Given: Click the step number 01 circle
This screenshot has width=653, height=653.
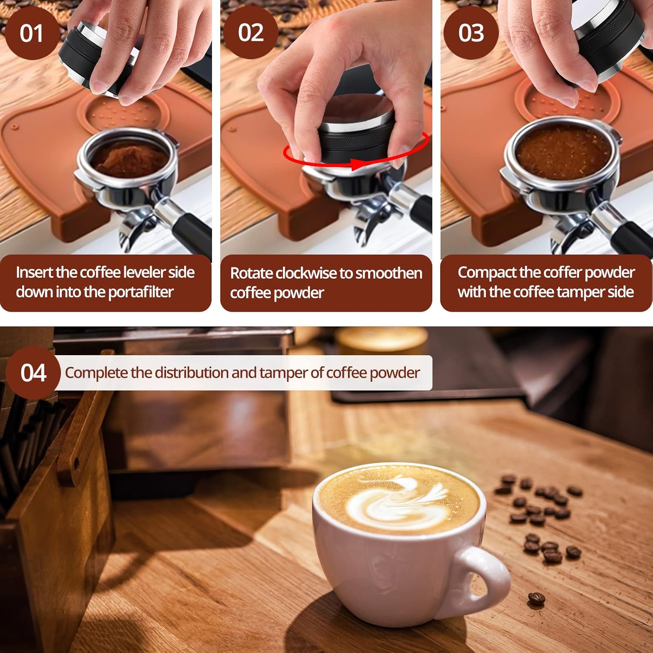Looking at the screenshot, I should coord(31,33).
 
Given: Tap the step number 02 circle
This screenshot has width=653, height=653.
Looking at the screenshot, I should coord(251,33).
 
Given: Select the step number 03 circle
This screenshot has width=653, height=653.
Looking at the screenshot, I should coord(471,33).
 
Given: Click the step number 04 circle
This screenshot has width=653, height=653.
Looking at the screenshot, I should coord(33,373).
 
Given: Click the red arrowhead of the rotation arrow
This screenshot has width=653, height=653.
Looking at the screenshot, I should coord(358,164).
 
